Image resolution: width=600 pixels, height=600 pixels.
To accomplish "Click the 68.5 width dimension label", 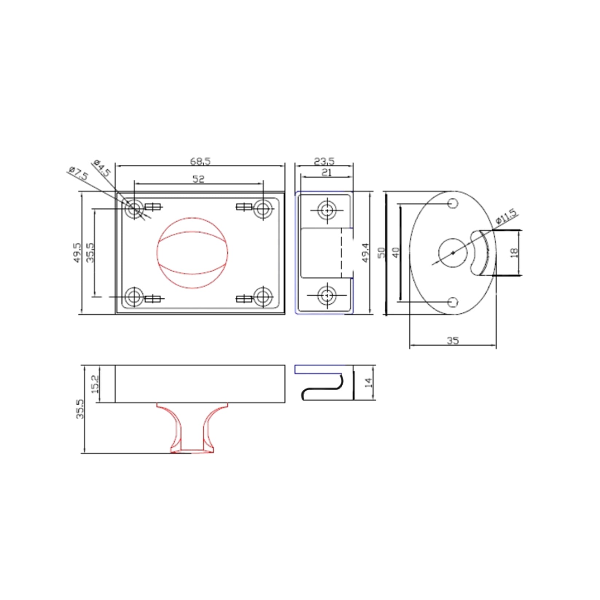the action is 200,161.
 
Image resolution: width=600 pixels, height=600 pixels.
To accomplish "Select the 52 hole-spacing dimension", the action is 198,179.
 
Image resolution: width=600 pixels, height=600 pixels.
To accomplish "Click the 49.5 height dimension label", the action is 77,253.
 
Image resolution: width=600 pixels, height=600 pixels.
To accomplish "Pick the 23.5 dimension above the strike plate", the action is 324,161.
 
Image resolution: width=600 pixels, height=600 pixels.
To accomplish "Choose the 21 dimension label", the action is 326,172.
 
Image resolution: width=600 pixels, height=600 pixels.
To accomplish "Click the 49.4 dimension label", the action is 365,253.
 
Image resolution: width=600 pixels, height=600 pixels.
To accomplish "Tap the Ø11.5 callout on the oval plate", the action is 506,217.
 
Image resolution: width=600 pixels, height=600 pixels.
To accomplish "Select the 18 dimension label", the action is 514,253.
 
